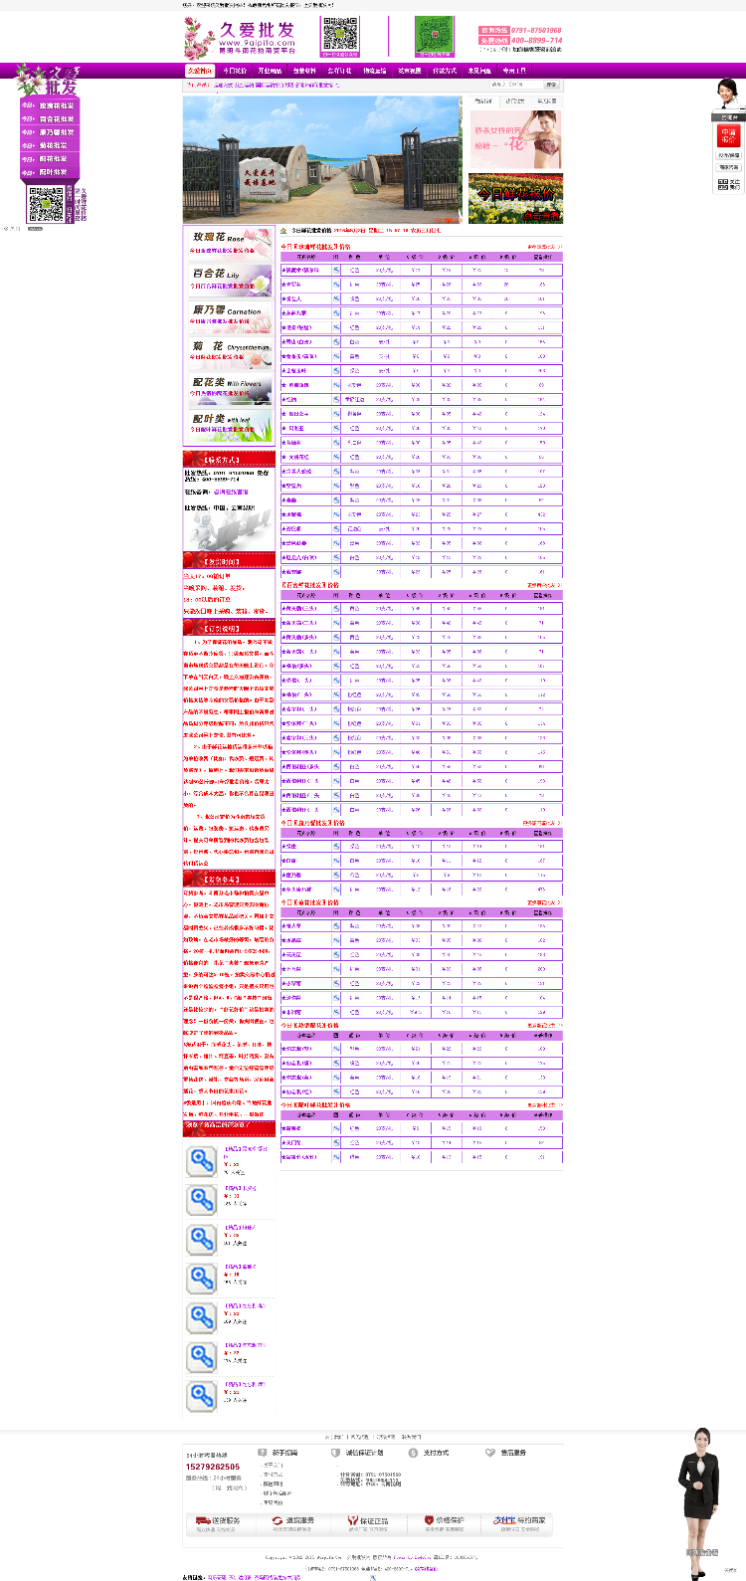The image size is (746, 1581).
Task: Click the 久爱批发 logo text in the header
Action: [x=257, y=30]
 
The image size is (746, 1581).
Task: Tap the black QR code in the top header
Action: [x=340, y=35]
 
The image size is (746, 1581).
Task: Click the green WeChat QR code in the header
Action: [x=434, y=36]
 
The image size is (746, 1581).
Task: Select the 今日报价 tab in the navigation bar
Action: [x=235, y=71]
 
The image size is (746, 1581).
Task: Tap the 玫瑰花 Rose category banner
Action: [x=228, y=242]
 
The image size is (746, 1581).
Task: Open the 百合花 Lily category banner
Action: [x=228, y=279]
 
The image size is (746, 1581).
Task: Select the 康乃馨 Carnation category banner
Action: [x=228, y=314]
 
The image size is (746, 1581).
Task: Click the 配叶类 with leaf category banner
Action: [x=228, y=424]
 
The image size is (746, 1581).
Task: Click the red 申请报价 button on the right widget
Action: [x=728, y=134]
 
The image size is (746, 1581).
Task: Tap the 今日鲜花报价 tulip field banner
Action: [x=515, y=199]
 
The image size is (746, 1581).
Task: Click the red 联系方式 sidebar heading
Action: [x=228, y=460]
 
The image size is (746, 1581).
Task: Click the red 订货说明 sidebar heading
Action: [x=228, y=628]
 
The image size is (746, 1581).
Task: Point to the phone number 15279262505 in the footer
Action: [x=213, y=1467]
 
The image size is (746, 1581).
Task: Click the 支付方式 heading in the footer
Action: [x=436, y=1453]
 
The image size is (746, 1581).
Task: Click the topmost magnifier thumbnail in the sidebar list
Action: [x=202, y=1160]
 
